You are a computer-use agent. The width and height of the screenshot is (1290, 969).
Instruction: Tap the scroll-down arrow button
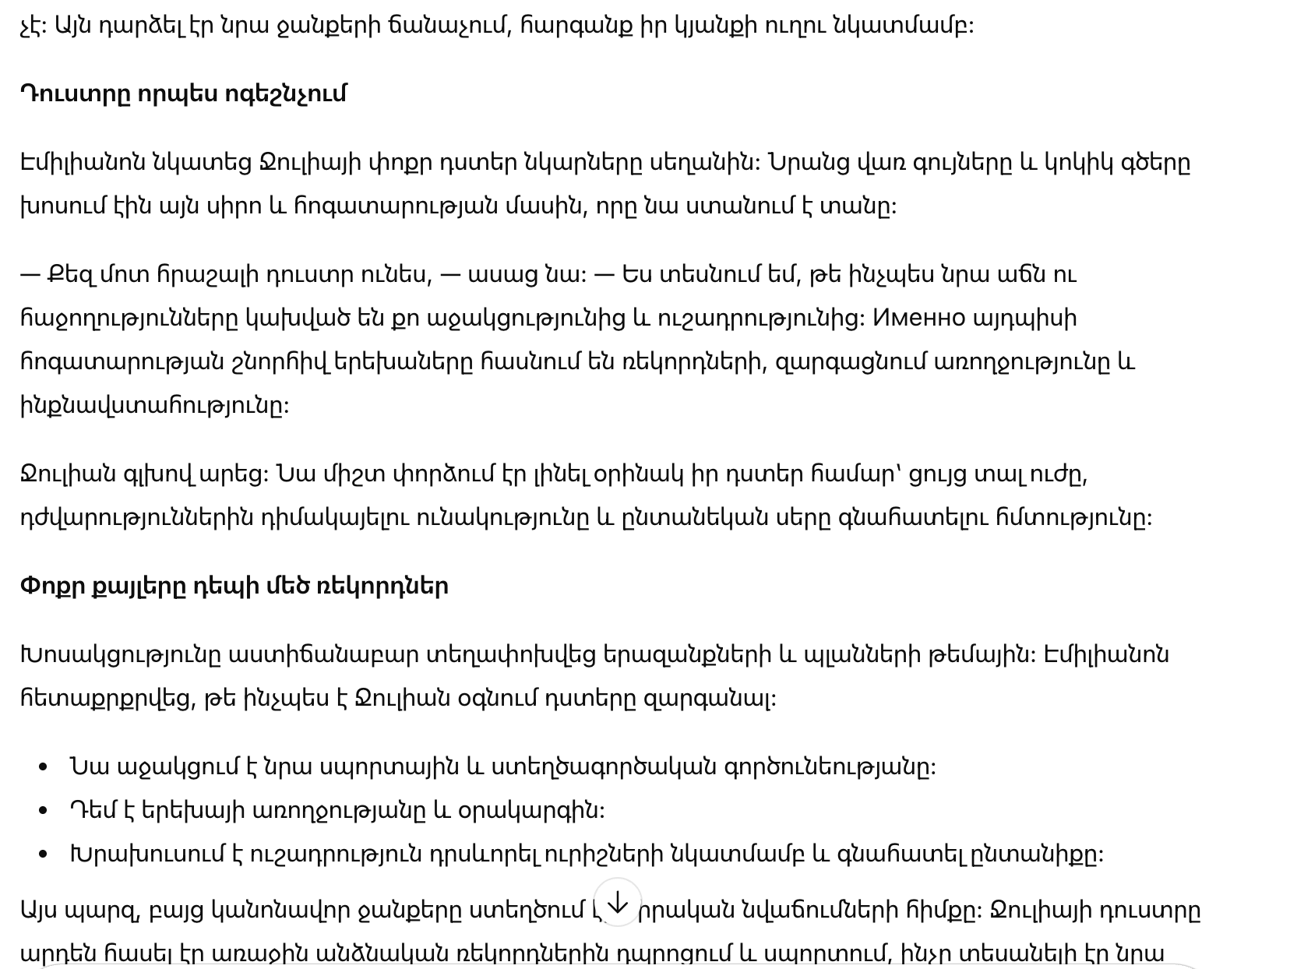pyautogui.click(x=617, y=903)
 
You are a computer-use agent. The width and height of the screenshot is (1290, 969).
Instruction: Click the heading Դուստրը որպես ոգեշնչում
pyautogui.click(x=183, y=94)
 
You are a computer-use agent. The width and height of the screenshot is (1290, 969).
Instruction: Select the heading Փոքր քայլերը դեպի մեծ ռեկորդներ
pyautogui.click(x=234, y=587)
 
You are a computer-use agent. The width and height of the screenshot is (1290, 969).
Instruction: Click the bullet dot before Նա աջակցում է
pyautogui.click(x=44, y=768)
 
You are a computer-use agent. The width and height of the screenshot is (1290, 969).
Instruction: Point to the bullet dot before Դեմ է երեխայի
pyautogui.click(x=44, y=812)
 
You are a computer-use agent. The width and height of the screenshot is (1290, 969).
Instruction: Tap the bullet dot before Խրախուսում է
pyautogui.click(x=44, y=855)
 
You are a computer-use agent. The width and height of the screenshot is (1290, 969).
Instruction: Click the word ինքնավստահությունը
pyautogui.click(x=154, y=406)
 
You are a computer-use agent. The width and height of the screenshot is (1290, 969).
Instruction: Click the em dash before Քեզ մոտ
pyautogui.click(x=30, y=275)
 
